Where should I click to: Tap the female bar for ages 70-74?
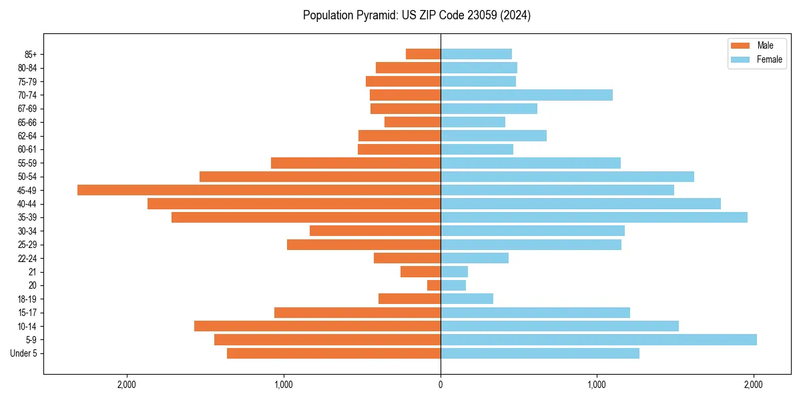(527, 95)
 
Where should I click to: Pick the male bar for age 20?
(434, 285)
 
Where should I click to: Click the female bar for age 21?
(454, 272)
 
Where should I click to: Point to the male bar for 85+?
(423, 54)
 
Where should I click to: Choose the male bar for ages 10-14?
(317, 326)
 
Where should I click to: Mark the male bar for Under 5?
(334, 353)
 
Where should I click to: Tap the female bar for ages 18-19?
(467, 299)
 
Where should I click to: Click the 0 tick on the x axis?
(441, 384)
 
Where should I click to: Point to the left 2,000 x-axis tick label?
(127, 384)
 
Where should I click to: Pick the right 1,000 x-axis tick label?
(597, 384)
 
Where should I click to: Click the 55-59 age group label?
(27, 163)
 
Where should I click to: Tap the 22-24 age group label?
(27, 258)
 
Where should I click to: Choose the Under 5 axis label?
(23, 353)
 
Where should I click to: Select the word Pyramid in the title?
(374, 15)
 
